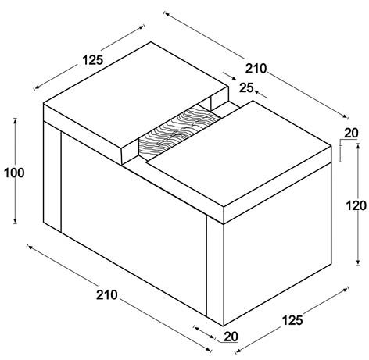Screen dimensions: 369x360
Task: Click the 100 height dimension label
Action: tap(14, 173)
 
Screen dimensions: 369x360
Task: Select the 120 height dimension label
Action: tap(356, 205)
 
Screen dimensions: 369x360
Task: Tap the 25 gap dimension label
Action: tap(246, 88)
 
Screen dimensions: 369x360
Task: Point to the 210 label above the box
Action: tap(256, 69)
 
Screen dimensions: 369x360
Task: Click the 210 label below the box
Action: tap(107, 295)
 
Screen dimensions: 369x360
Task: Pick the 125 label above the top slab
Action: tap(93, 60)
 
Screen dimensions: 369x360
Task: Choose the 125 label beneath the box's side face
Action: tap(292, 320)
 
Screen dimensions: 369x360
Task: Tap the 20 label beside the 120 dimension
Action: tap(351, 133)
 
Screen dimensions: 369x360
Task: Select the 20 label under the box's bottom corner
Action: tap(231, 337)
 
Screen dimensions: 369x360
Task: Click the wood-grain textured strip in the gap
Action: tap(180, 132)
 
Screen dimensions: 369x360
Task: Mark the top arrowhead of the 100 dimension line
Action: tap(15, 120)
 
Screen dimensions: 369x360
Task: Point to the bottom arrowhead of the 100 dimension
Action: tap(15, 221)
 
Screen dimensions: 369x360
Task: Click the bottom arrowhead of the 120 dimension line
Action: tap(358, 262)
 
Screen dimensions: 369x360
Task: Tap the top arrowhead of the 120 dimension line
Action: tap(358, 146)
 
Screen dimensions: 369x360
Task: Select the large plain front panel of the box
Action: tap(134, 224)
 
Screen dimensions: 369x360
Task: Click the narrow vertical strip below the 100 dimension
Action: tap(52, 177)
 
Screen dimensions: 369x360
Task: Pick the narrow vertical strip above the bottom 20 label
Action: tap(215, 271)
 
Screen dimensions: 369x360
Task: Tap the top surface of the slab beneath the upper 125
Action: tap(136, 95)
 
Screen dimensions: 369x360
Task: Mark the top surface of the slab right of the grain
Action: tap(238, 154)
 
